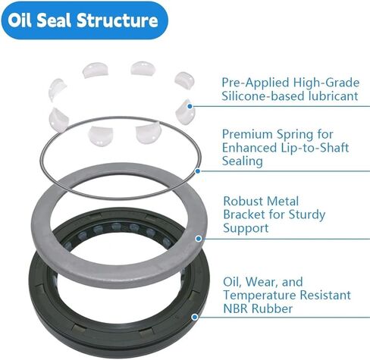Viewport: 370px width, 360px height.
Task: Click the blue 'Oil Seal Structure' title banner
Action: click(85, 20)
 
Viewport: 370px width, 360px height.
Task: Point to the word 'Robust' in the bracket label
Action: click(243, 202)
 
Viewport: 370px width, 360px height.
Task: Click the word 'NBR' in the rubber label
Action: click(236, 308)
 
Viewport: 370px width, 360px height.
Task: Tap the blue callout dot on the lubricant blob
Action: click(190, 106)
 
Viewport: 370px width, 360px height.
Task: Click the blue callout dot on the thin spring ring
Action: click(198, 171)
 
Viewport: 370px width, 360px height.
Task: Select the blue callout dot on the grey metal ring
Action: click(199, 238)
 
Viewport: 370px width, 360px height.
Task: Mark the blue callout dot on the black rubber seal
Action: click(194, 317)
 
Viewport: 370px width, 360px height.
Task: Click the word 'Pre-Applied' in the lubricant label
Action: click(256, 83)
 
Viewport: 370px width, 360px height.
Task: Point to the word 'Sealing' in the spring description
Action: click(243, 161)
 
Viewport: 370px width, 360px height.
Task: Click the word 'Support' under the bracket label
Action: click(246, 228)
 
